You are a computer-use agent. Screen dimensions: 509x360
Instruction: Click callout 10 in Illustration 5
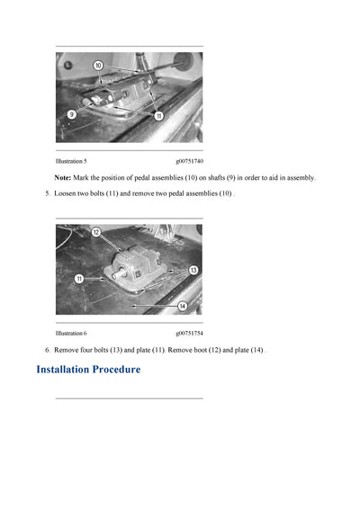click(x=97, y=66)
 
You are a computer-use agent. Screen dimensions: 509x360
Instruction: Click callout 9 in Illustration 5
click(x=71, y=113)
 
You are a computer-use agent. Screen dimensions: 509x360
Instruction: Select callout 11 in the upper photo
click(x=158, y=116)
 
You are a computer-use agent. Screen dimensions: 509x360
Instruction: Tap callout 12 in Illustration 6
click(x=96, y=233)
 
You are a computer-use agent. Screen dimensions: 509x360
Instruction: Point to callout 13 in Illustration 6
click(x=193, y=269)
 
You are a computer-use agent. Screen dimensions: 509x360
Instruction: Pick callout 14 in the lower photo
click(x=182, y=306)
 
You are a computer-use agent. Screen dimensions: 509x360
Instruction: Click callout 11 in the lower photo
click(x=79, y=279)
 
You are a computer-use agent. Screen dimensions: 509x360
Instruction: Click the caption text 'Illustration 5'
click(x=71, y=161)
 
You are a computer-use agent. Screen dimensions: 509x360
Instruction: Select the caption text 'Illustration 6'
click(x=71, y=333)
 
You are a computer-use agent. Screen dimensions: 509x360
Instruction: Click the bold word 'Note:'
click(x=63, y=178)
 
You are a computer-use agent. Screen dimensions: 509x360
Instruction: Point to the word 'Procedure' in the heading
click(x=116, y=370)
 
